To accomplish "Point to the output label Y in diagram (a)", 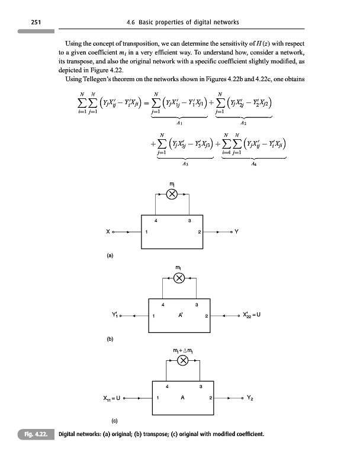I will (237, 231).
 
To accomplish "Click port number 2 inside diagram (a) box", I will (200, 231).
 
